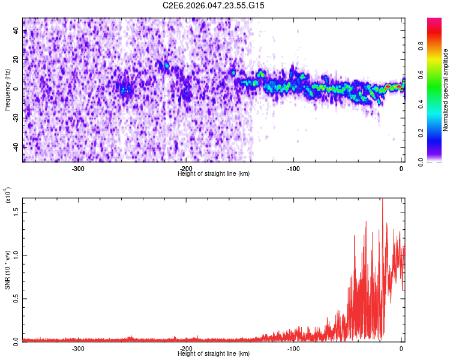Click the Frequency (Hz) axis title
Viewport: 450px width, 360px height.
click(x=7, y=89)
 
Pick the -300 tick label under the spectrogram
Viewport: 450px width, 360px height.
click(x=78, y=169)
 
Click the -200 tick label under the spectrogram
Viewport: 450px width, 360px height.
click(x=186, y=169)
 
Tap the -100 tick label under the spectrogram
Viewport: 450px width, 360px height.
click(x=293, y=169)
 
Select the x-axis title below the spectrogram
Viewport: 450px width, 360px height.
click(x=214, y=173)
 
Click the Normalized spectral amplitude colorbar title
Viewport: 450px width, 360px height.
click(x=446, y=90)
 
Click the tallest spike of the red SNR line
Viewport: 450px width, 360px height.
click(x=382, y=200)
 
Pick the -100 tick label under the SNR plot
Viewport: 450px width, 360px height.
click(x=293, y=348)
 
